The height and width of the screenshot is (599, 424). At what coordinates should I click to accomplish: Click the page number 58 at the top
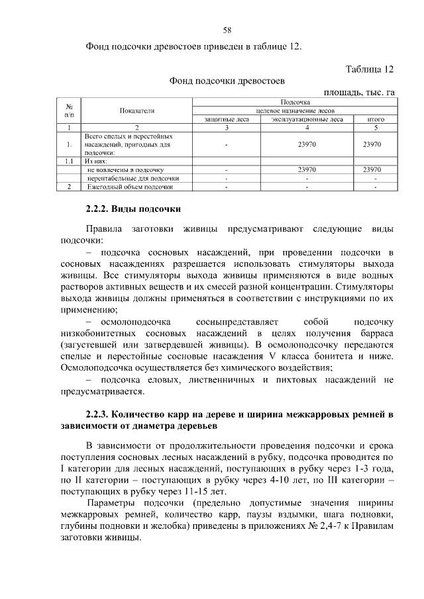click(x=227, y=30)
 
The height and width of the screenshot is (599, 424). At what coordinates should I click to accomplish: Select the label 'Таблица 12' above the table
click(x=370, y=69)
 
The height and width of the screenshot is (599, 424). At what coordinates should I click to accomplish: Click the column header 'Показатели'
click(x=137, y=111)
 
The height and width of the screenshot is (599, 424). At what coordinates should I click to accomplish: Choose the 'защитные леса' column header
click(x=227, y=120)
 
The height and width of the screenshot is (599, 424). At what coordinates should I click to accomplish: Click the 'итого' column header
click(x=376, y=120)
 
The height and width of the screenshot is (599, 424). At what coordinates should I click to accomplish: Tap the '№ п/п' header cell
click(x=70, y=111)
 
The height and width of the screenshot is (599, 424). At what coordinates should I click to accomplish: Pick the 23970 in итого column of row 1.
click(x=376, y=144)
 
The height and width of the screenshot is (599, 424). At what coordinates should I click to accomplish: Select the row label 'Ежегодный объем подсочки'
click(x=125, y=187)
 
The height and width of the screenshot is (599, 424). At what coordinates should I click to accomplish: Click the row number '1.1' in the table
click(x=69, y=161)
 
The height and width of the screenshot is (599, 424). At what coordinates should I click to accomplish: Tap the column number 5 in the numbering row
click(x=376, y=128)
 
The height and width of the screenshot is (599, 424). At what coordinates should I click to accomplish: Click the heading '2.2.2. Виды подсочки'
click(x=133, y=209)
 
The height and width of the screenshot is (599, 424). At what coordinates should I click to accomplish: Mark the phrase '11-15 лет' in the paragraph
click(x=205, y=491)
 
